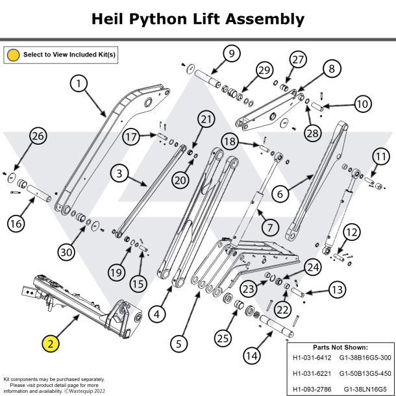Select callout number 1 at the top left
(x=79, y=84)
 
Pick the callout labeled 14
(x=253, y=355)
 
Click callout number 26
(x=38, y=136)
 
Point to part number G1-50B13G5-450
(x=365, y=374)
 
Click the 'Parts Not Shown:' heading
(x=340, y=347)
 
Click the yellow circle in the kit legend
(x=13, y=55)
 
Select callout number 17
(x=132, y=137)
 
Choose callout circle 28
(x=313, y=133)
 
